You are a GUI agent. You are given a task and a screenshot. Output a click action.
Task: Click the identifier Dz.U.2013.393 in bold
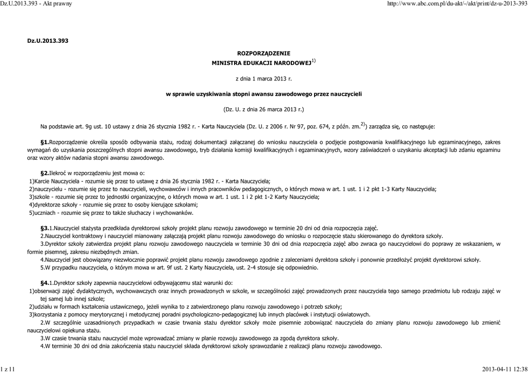[47, 40]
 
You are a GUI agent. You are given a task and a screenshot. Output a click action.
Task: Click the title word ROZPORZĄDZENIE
[263, 53]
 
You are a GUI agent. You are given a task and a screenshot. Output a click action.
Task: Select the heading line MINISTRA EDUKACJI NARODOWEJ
[262, 63]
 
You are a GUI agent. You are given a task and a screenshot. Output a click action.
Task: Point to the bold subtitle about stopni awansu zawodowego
[263, 94]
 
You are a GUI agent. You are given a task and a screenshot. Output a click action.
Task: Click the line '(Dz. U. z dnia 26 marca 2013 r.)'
[263, 110]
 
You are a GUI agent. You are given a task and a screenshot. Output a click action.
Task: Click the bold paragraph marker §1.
[44, 142]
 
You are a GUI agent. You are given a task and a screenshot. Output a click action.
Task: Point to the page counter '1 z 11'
[8, 369]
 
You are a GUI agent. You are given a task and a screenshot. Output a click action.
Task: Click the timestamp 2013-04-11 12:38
[504, 369]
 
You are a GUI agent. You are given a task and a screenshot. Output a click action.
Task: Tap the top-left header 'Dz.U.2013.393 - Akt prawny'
[36, 4]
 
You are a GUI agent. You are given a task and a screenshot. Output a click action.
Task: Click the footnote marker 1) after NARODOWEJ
[313, 61]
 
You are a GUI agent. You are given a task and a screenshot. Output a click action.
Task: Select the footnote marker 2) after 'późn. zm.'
[363, 124]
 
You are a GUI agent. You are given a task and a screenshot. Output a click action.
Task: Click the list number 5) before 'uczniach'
[31, 212]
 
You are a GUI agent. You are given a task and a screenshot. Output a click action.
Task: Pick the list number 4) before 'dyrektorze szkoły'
[31, 205]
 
